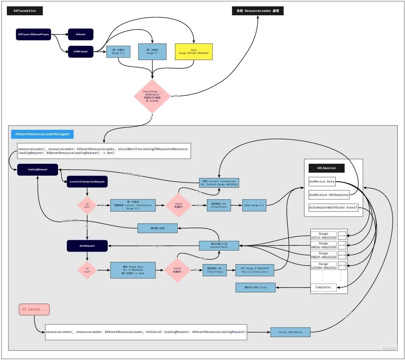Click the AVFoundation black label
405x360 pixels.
click(x=25, y=11)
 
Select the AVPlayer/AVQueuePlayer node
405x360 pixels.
click(x=33, y=34)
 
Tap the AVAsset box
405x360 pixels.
click(x=81, y=34)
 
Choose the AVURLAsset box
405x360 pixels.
click(x=81, y=51)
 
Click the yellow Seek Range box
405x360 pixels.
click(x=194, y=51)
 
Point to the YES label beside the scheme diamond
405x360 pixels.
click(x=176, y=96)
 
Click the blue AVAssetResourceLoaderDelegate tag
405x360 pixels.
click(x=42, y=134)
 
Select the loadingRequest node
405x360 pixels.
click(x=37, y=169)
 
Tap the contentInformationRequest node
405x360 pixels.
click(x=87, y=182)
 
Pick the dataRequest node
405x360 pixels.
click(x=87, y=246)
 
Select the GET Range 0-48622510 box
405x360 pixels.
click(x=255, y=270)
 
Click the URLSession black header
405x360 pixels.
click(x=327, y=168)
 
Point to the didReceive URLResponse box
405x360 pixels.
click(x=329, y=195)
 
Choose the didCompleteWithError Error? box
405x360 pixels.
click(x=333, y=208)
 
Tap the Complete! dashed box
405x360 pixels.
click(x=323, y=287)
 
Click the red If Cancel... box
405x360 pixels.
click(x=34, y=309)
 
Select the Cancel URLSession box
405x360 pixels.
click(x=290, y=332)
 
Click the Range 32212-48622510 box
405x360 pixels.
click(x=323, y=235)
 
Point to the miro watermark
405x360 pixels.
click(x=389, y=349)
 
